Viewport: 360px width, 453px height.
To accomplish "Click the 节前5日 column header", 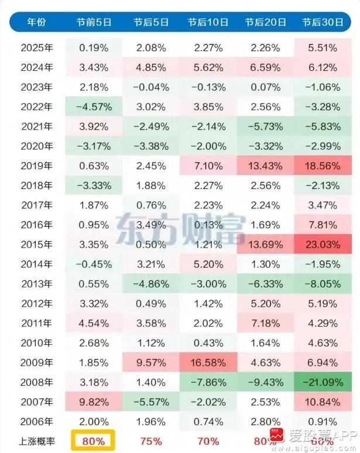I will pyautogui.click(x=94, y=23).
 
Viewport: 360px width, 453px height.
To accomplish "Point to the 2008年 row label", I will pyautogui.click(x=36, y=382).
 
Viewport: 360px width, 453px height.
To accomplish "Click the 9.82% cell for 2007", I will pyautogui.click(x=93, y=401).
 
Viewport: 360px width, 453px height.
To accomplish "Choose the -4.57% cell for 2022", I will pyautogui.click(x=93, y=107).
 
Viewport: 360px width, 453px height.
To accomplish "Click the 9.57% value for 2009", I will pyautogui.click(x=150, y=362).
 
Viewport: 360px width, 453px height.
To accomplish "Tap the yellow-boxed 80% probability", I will pyautogui.click(x=93, y=440).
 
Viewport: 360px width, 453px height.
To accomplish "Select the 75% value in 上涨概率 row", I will pyautogui.click(x=150, y=440).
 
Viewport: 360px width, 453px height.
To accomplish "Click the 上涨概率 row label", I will pyautogui.click(x=36, y=440).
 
